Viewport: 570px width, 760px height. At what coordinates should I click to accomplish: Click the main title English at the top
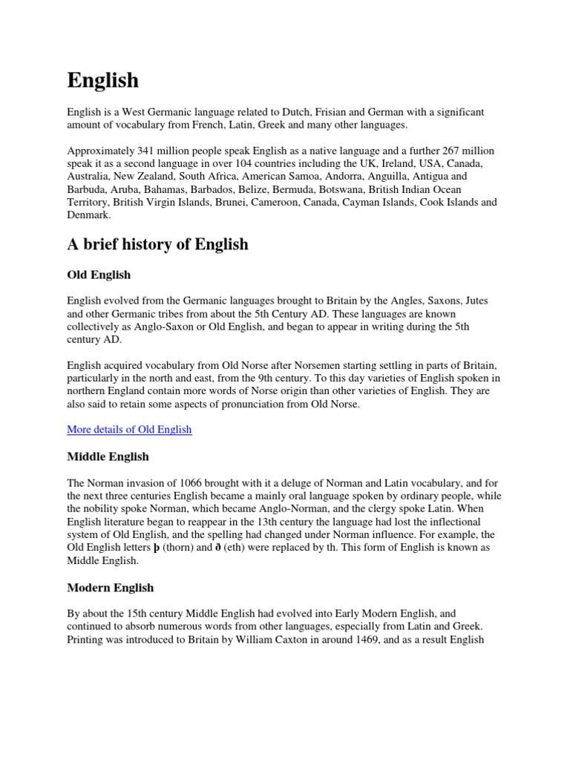(103, 80)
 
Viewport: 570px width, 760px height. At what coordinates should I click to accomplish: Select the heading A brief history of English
(157, 244)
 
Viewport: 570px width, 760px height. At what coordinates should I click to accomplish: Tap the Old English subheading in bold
(99, 275)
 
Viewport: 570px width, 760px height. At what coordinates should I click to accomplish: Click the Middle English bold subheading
(108, 456)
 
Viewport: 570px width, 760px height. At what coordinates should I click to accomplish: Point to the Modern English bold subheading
(111, 587)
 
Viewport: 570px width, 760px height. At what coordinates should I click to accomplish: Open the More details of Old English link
(129, 429)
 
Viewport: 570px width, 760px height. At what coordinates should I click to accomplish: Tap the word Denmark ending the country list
(88, 215)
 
